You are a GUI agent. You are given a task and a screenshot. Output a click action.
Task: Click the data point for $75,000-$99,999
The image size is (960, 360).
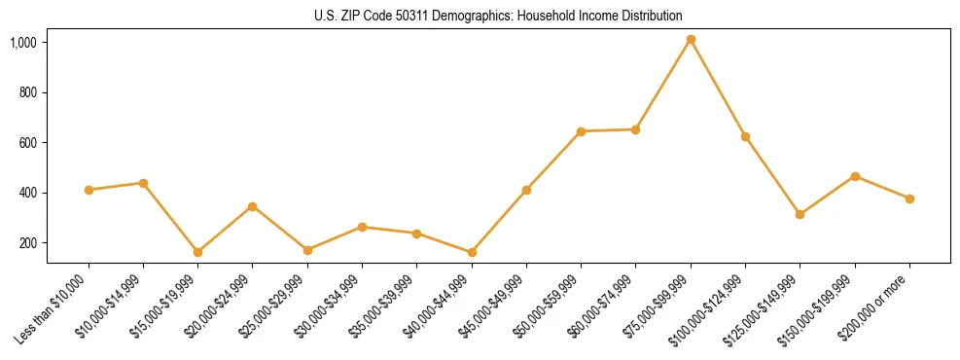pyautogui.click(x=691, y=40)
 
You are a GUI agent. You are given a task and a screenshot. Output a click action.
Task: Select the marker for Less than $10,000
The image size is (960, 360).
pyautogui.click(x=89, y=190)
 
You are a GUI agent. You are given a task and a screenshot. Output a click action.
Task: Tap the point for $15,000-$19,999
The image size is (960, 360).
pyautogui.click(x=198, y=252)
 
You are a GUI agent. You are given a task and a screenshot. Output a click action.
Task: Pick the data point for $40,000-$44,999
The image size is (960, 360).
pyautogui.click(x=472, y=252)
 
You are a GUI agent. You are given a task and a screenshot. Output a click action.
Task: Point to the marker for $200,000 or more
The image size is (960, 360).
pyautogui.click(x=909, y=198)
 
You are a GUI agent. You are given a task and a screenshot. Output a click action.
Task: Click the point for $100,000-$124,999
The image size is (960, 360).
pyautogui.click(x=745, y=136)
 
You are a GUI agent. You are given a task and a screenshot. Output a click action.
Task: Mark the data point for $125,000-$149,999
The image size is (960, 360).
pyautogui.click(x=800, y=214)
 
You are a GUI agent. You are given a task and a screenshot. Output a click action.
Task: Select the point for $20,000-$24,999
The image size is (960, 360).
pyautogui.click(x=253, y=206)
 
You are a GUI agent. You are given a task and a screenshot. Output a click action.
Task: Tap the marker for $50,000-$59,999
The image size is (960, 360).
pyautogui.click(x=581, y=131)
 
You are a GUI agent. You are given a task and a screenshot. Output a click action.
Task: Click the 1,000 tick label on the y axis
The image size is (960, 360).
pyautogui.click(x=24, y=43)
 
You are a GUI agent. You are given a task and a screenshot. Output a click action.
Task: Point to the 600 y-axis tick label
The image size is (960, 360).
pyautogui.click(x=28, y=143)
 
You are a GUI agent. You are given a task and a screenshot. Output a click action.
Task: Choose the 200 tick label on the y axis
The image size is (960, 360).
pyautogui.click(x=28, y=243)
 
